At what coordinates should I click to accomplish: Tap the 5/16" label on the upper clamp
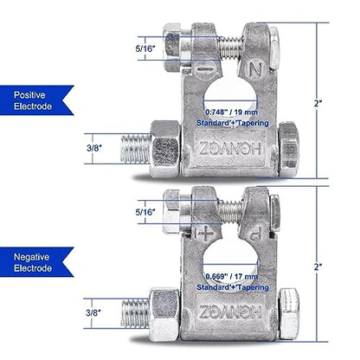point(145,48)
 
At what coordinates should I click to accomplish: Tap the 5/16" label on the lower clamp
point(145,212)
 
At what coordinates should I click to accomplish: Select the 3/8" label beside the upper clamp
point(94,148)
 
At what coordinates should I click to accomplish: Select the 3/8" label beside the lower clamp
point(93,312)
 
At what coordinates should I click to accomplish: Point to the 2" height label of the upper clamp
point(318,103)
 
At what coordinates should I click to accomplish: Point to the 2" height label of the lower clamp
point(318,267)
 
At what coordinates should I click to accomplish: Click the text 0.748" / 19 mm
point(231,112)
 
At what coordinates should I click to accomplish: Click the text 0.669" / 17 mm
point(232,276)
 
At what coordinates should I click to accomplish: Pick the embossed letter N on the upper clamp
point(255,69)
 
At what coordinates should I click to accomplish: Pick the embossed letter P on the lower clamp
point(256,233)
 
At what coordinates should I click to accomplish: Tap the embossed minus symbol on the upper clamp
point(206,69)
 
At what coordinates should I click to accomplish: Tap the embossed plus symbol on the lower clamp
point(204,233)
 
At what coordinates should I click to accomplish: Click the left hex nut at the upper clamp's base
point(164,149)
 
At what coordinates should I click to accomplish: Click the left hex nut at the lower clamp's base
point(164,314)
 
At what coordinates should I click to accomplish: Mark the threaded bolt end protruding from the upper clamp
point(135,149)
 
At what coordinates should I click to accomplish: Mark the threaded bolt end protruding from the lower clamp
point(135,313)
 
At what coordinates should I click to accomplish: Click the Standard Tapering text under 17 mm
point(233,287)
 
